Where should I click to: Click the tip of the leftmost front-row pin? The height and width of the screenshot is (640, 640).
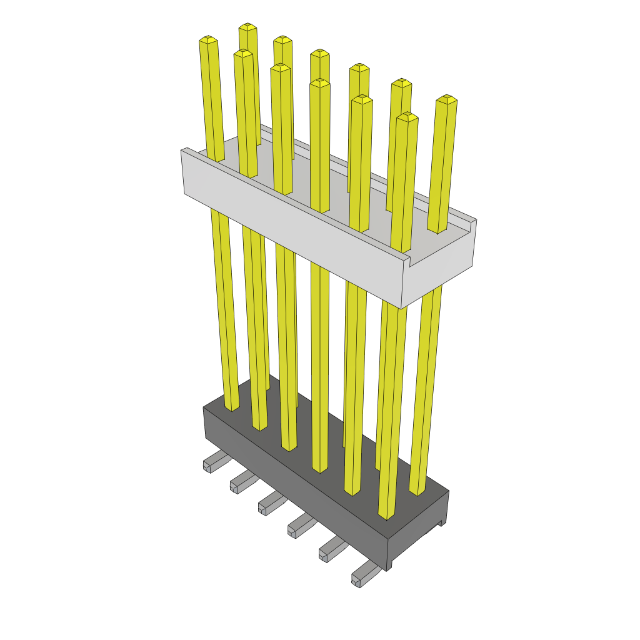tap(208, 40)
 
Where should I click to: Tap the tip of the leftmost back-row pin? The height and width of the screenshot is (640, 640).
tap(248, 27)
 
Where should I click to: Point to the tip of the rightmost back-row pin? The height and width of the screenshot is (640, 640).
tap(446, 99)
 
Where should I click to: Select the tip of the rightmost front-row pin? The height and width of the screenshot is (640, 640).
tap(407, 116)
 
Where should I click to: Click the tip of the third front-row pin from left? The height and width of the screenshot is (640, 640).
tap(281, 67)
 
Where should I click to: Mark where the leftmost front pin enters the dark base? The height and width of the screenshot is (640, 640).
tap(232, 407)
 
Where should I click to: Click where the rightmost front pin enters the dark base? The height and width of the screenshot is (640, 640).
tap(386, 516)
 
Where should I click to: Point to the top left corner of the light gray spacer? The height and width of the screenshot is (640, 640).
tap(183, 150)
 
